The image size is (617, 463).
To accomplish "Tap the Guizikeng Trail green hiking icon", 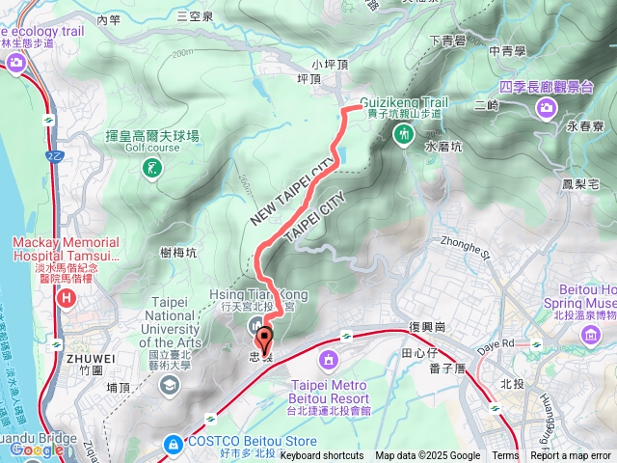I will (x=403, y=132).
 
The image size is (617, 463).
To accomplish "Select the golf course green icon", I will (x=150, y=170).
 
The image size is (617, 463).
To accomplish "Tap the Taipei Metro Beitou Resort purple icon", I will (x=328, y=361).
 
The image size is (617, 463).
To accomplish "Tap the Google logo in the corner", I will (x=37, y=449).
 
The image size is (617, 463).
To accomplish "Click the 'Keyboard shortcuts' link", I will (x=321, y=456).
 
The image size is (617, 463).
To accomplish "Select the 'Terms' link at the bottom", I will (x=505, y=456).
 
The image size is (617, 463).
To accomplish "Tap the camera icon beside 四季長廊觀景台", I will (x=547, y=107).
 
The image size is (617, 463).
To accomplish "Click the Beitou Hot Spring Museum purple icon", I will (x=590, y=334).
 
